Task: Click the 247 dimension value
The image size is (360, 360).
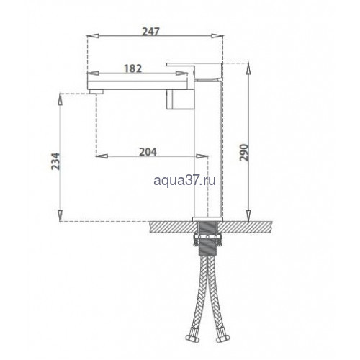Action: tap(150, 32)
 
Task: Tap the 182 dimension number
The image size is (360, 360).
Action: tap(133, 68)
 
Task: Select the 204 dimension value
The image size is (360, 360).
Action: tap(148, 152)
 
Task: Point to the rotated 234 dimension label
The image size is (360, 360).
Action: tap(55, 161)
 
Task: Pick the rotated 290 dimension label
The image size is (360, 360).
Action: tap(244, 153)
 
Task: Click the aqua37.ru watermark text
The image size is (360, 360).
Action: tap(185, 180)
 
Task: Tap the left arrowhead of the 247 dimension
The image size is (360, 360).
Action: tap(93, 36)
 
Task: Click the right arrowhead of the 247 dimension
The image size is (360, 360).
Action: tap(217, 36)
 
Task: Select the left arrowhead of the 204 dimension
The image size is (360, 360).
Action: tap(102, 156)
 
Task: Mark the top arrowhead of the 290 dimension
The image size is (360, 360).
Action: tap(248, 68)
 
